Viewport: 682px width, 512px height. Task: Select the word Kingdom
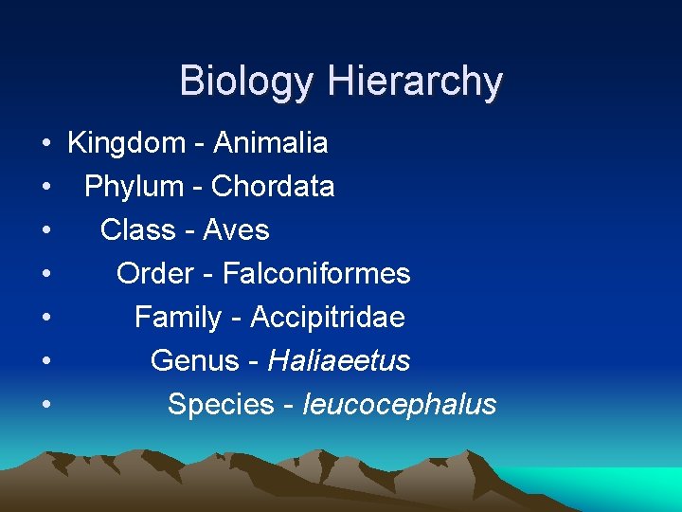pos(127,144)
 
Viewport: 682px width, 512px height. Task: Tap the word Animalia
pos(271,143)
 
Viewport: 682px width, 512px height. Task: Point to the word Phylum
pos(133,187)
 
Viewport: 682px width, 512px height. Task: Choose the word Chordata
pos(273,187)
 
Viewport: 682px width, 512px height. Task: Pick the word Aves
pos(235,230)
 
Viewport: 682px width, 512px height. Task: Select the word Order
pos(155,274)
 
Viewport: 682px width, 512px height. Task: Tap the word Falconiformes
pos(316,274)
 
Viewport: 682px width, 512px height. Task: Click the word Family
pos(178,318)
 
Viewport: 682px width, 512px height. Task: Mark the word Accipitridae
pos(327,318)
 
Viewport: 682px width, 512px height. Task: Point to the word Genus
pos(195,361)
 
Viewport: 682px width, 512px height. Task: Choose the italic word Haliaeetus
pos(339,361)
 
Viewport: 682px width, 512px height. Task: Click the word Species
pos(221,405)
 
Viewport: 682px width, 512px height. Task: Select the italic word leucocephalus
pos(399,405)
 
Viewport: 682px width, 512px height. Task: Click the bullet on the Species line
pos(45,406)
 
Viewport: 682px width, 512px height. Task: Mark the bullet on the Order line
pos(45,275)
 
